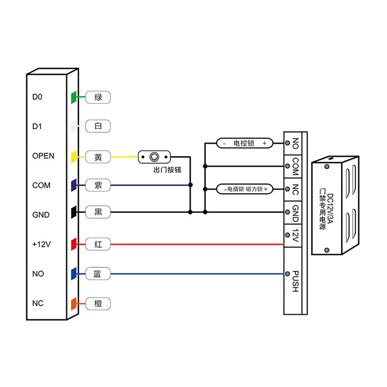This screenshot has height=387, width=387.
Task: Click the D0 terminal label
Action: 37,97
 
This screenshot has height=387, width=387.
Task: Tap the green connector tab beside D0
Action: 74,97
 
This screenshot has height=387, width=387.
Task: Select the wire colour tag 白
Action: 98,126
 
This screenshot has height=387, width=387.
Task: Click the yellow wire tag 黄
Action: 98,157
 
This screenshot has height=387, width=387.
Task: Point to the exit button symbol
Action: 154,157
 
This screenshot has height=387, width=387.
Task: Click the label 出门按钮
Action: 167,170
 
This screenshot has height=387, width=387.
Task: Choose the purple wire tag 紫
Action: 98,185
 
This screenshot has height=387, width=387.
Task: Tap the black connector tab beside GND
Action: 74,212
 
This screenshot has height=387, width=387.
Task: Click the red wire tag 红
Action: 98,244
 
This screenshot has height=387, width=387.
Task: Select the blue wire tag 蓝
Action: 98,274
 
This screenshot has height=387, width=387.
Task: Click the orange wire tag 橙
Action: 98,303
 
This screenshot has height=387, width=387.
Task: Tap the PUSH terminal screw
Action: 287,274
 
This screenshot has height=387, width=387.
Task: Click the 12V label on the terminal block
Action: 295,236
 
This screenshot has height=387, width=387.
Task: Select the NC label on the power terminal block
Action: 295,189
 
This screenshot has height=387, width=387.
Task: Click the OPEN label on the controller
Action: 43,156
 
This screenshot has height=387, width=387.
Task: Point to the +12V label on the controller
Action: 41,244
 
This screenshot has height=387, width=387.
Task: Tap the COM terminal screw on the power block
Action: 287,166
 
